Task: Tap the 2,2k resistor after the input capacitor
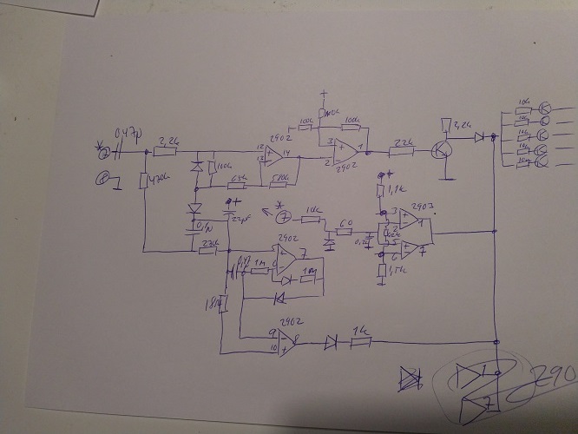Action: [170, 151]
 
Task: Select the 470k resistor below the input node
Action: [143, 181]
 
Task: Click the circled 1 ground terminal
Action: [102, 180]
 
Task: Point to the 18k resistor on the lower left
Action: [222, 304]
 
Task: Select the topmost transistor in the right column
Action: [545, 108]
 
